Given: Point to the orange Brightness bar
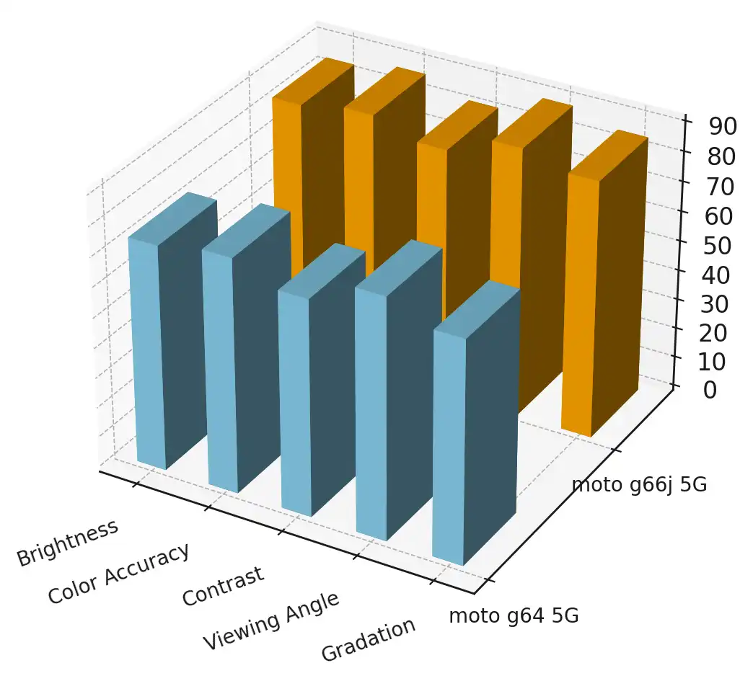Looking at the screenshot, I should click(x=310, y=144).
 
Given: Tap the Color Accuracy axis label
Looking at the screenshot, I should click(x=119, y=574).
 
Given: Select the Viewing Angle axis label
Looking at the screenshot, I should click(x=270, y=620).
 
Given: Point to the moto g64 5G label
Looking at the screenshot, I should click(x=514, y=616).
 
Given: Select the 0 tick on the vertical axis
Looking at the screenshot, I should click(x=710, y=390).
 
